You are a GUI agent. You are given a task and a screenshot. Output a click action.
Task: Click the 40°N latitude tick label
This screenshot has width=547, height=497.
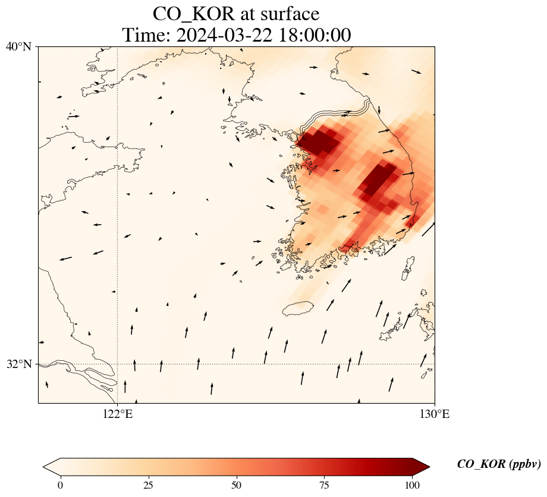point(19,46)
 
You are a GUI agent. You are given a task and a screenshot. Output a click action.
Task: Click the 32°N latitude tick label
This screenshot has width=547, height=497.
point(19,364)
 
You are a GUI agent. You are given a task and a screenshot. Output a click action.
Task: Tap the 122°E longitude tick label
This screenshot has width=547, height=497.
point(118,414)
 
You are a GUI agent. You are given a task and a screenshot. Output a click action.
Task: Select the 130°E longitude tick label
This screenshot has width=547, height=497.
point(435,414)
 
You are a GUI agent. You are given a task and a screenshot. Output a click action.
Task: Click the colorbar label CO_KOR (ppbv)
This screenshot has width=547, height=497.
point(499,464)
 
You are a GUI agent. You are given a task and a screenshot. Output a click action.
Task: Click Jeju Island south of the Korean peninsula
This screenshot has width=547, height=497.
point(298,309)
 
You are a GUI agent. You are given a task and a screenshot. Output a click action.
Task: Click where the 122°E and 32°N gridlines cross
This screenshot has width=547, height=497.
point(118,364)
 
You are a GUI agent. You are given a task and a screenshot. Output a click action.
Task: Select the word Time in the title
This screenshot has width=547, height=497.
point(143,35)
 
